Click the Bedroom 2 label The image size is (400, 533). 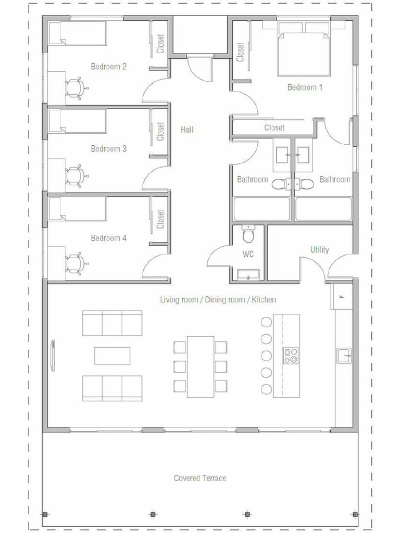click(109, 67)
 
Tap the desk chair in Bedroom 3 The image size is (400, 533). click(74, 175)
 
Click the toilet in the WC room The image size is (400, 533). click(248, 235)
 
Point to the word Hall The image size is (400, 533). click(187, 129)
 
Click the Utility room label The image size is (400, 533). click(319, 250)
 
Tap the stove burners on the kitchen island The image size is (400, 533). click(291, 355)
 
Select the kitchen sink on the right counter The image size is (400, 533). click(344, 356)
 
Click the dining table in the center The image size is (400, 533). click(201, 366)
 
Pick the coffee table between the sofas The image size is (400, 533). click(113, 356)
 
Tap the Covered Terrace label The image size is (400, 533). click(200, 478)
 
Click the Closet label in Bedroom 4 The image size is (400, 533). click(160, 219)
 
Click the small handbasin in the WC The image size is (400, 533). click(248, 275)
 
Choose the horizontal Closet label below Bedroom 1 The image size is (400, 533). click(274, 128)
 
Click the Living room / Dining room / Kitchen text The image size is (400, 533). click(218, 300)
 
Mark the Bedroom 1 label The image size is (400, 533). click(305, 87)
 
